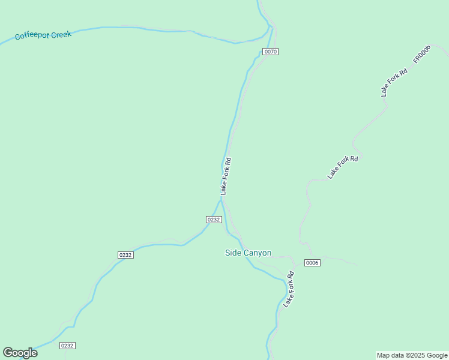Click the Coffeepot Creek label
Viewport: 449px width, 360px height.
click(43, 35)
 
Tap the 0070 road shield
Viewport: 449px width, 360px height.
click(270, 52)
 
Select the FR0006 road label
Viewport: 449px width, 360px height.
click(422, 54)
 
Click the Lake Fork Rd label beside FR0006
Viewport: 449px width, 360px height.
click(394, 82)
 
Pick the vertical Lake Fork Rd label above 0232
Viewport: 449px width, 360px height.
click(226, 176)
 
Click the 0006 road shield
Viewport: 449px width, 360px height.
click(312, 263)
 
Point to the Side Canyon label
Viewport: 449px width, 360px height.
click(248, 253)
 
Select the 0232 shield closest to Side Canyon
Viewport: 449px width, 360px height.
click(214, 220)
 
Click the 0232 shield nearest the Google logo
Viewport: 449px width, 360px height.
click(67, 346)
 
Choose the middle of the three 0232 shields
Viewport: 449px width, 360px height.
click(125, 255)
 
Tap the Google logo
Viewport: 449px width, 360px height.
click(20, 353)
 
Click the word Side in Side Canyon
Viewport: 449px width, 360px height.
click(232, 253)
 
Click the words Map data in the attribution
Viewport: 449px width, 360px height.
click(391, 356)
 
